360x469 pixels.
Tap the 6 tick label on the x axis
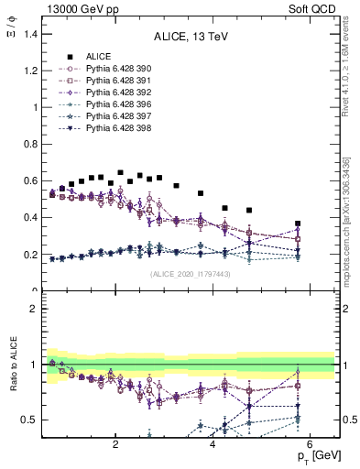pyautogui.click(x=310, y=445)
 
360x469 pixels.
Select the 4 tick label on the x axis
pyautogui.click(x=213, y=445)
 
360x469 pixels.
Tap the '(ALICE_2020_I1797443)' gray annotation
pyautogui.click(x=190, y=275)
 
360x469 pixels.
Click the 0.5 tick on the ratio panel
pyautogui.click(x=29, y=420)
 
